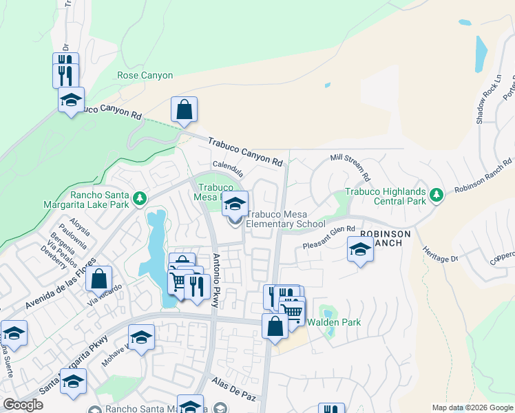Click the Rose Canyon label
[x=145, y=75]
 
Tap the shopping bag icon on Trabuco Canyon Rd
[x=184, y=109]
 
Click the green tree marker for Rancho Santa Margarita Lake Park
[x=140, y=199]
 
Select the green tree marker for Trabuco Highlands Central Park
[x=436, y=196]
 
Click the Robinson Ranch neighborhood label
[x=386, y=238]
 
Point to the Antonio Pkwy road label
[x=217, y=273]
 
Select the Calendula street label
[x=228, y=167]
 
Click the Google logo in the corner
[x=23, y=405]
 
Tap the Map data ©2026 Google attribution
[x=472, y=407]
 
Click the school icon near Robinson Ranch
[x=360, y=249]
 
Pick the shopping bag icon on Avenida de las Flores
[x=99, y=279]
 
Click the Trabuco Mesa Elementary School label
[x=285, y=219]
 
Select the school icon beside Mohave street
[x=141, y=337]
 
